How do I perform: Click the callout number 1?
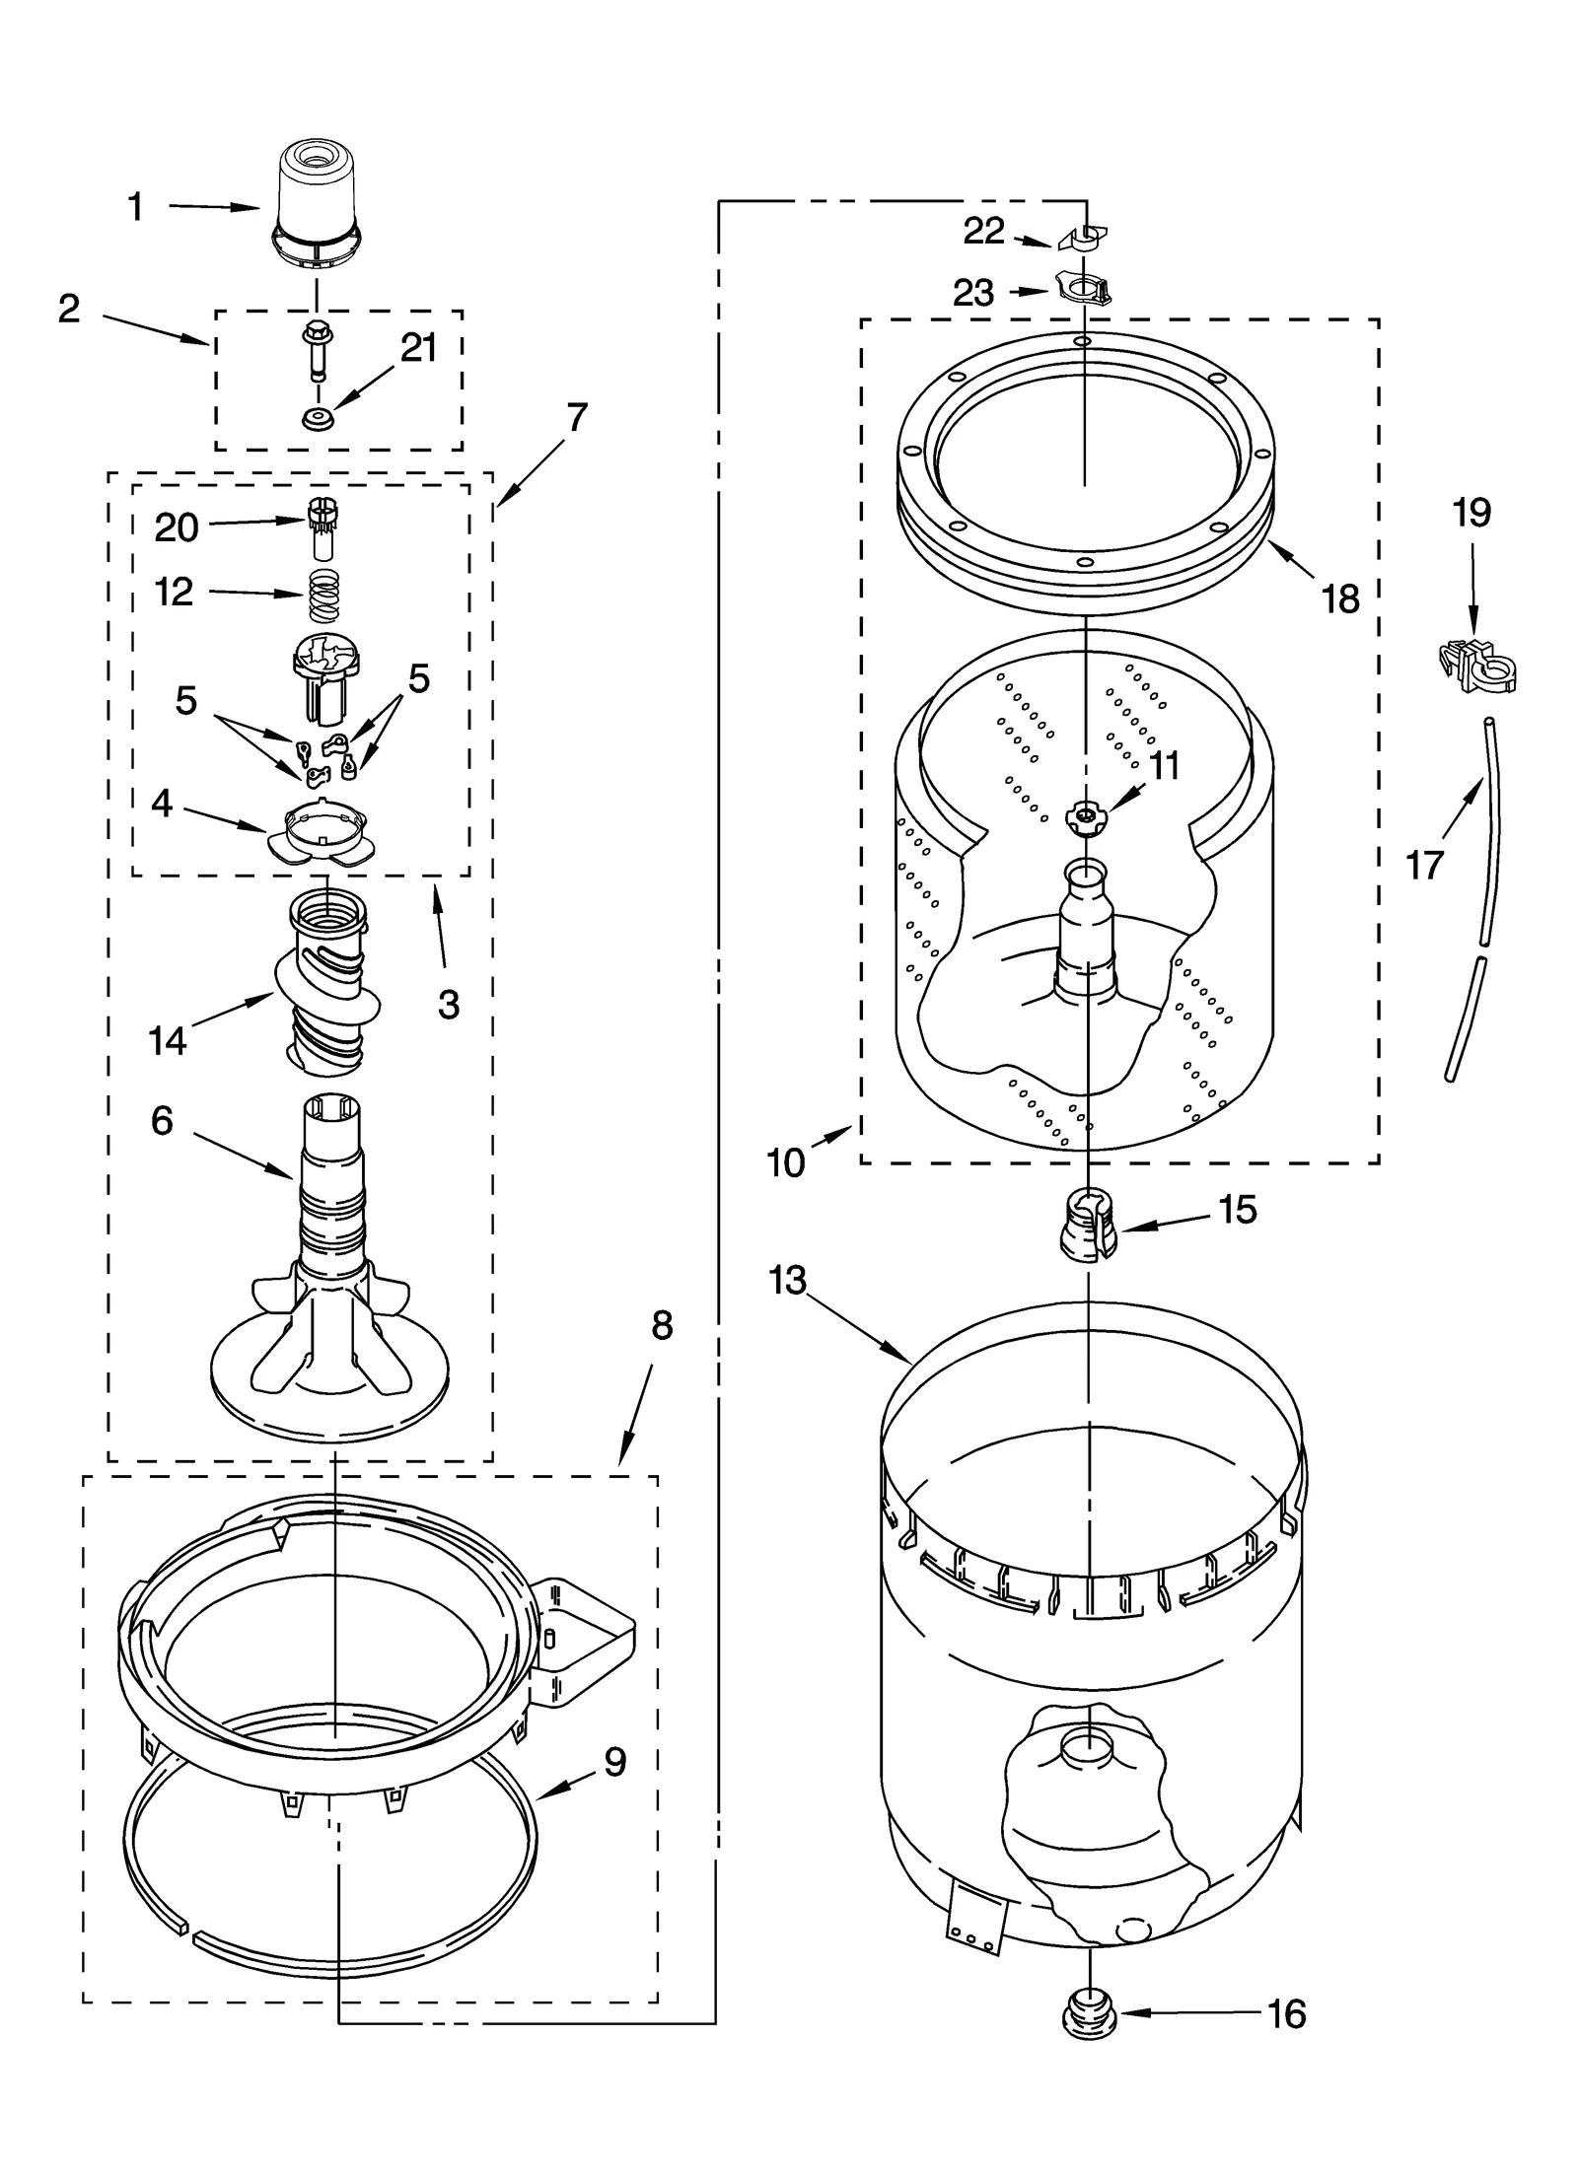click(136, 207)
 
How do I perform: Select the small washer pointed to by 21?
click(318, 419)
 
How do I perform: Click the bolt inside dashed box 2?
click(316, 350)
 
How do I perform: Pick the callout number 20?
click(178, 528)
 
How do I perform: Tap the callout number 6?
click(163, 1120)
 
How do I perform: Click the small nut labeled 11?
click(1085, 816)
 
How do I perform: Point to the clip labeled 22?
click(1083, 238)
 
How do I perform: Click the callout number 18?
click(1340, 598)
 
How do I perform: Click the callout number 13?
click(789, 1281)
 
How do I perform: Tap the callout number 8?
click(662, 1326)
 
